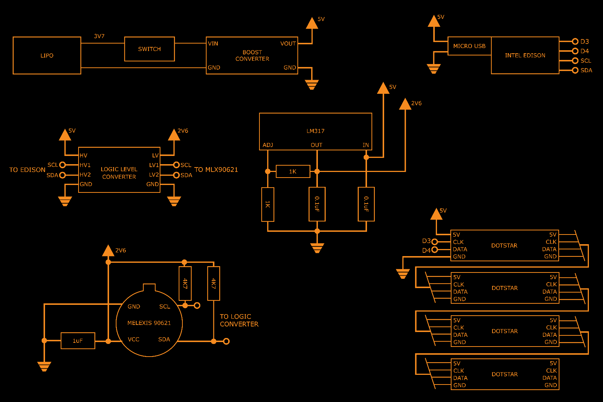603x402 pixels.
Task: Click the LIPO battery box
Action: click(x=47, y=55)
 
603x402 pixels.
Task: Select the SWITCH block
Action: click(x=149, y=49)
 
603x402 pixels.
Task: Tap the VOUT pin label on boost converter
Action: click(x=288, y=44)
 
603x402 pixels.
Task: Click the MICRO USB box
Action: click(x=469, y=46)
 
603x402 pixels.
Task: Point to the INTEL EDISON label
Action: click(x=525, y=55)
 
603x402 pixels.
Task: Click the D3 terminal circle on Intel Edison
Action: click(x=575, y=41)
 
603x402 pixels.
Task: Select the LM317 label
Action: click(x=315, y=131)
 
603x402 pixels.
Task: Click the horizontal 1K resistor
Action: click(x=293, y=172)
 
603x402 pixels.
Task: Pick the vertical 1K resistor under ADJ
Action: click(x=268, y=204)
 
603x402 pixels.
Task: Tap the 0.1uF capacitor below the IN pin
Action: click(x=366, y=204)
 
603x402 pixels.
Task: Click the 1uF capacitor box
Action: click(x=78, y=341)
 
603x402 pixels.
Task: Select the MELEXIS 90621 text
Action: click(x=149, y=323)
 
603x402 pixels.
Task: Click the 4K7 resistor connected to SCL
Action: click(x=185, y=283)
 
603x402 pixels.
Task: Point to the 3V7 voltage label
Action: click(x=99, y=36)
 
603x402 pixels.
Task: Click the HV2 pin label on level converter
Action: click(x=85, y=175)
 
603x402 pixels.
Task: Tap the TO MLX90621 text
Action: click(x=216, y=170)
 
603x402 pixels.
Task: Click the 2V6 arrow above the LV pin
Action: click(x=174, y=135)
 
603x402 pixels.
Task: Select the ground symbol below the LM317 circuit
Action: click(x=317, y=248)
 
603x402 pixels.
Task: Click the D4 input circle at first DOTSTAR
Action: click(x=434, y=250)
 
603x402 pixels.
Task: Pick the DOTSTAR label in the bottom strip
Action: click(x=504, y=374)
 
